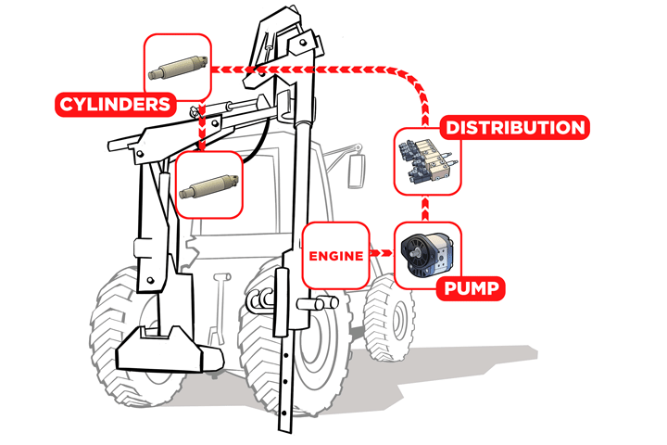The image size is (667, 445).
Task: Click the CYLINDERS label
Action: click(x=115, y=105)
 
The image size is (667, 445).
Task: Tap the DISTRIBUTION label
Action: click(x=515, y=127)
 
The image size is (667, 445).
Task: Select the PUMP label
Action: click(x=472, y=288)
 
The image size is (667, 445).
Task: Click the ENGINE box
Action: click(x=335, y=255)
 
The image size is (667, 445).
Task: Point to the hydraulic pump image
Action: click(x=427, y=255)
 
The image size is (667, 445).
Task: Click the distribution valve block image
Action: click(x=428, y=161)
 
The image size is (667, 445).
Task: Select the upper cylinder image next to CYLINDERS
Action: click(x=178, y=68)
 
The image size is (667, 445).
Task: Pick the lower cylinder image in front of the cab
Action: click(x=208, y=186)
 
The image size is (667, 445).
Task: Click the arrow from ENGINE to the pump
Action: click(x=381, y=253)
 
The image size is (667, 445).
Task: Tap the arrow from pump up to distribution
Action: click(x=424, y=209)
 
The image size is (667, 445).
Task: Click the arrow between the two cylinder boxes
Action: click(x=202, y=126)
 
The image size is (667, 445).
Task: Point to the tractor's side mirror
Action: click(x=356, y=171)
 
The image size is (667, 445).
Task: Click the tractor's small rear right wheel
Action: click(x=388, y=317)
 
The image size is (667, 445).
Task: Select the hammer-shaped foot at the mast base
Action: click(x=170, y=350)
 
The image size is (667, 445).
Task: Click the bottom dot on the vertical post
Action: click(x=284, y=413)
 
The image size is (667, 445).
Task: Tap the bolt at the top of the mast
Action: click(x=302, y=43)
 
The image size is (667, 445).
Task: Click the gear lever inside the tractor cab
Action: click(x=220, y=308)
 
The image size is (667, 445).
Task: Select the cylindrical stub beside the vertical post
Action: click(x=318, y=303)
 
